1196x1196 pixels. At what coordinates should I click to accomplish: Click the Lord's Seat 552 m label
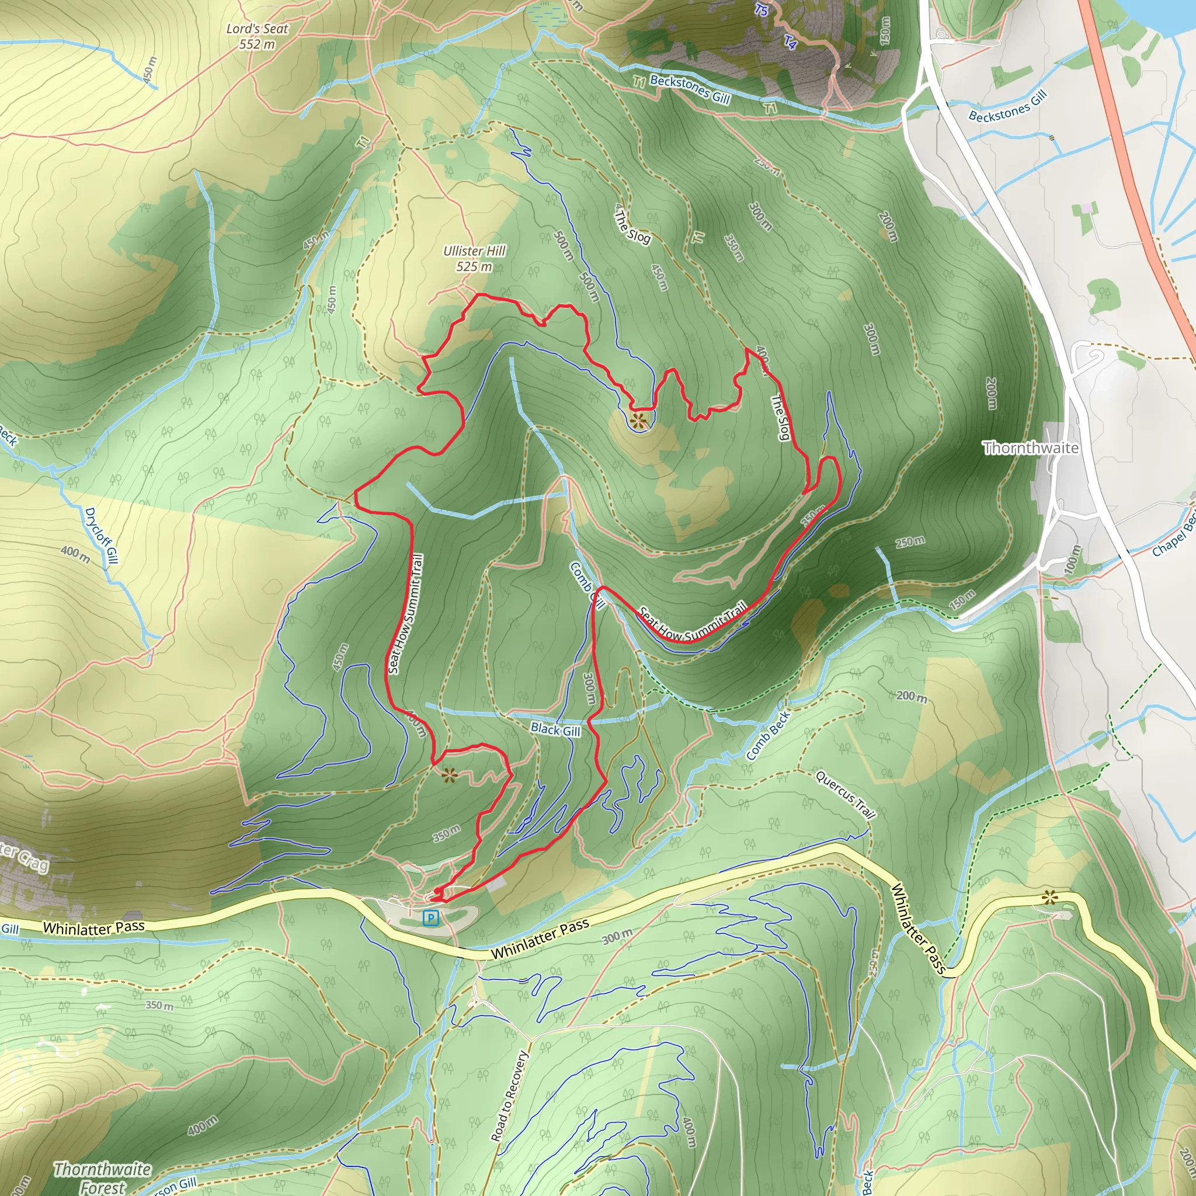pos(257,36)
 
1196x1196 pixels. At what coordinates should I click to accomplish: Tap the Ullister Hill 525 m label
pos(474,259)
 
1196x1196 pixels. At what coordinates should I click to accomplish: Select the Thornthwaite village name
pos(1031,447)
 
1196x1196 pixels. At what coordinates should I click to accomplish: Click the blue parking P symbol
pos(431,917)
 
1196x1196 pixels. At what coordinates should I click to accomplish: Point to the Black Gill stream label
pos(555,730)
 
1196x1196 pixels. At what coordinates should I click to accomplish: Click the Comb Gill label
pos(586,586)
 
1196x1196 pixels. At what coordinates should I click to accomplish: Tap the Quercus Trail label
pos(845,795)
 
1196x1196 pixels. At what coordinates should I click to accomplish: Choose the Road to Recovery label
pos(509,1096)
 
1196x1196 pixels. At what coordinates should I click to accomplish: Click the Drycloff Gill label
pos(101,536)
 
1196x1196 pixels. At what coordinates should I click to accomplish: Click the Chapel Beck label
pos(1173,535)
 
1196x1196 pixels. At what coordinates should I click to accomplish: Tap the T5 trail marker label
pos(762,11)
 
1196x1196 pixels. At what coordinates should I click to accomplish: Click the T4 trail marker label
pos(791,42)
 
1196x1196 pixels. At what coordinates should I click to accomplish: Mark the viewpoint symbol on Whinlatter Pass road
pos(1049,897)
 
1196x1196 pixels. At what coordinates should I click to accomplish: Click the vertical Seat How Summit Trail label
pos(406,614)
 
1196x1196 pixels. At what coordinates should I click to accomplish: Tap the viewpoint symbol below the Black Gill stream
pos(449,774)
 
